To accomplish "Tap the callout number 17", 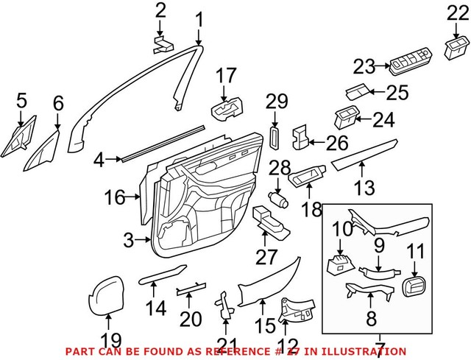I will [227, 75].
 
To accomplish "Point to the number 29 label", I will [275, 100].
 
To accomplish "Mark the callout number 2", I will [160, 10].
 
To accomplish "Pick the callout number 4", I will [99, 158].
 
